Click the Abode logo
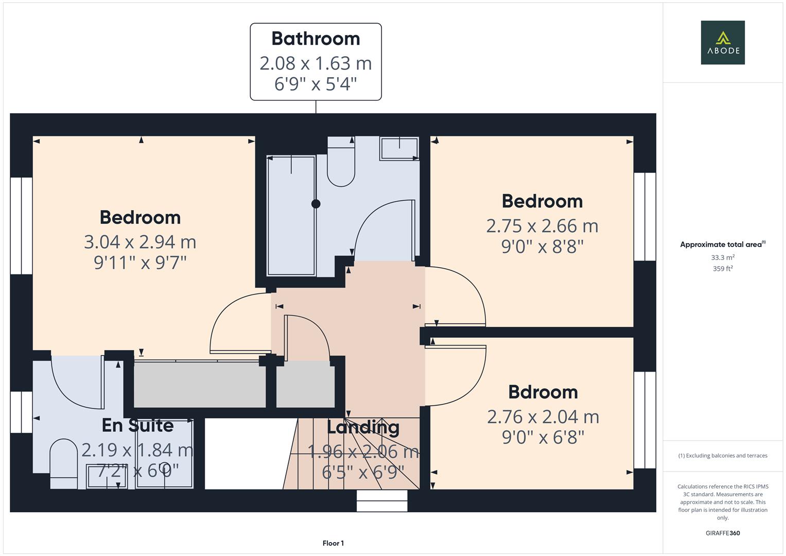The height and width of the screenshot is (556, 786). pyautogui.click(x=723, y=42)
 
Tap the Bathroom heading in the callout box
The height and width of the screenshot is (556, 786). pyautogui.click(x=316, y=39)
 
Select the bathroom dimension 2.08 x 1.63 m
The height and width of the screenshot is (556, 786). pyautogui.click(x=316, y=63)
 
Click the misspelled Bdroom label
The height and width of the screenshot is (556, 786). pyautogui.click(x=543, y=392)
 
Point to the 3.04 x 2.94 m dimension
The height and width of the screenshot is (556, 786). pyautogui.click(x=140, y=242)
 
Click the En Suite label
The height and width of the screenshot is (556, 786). pyautogui.click(x=137, y=425)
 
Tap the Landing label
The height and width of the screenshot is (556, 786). pyautogui.click(x=363, y=428)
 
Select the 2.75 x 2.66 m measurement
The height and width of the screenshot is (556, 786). pyautogui.click(x=542, y=226)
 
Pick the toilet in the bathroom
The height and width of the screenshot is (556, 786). pyautogui.click(x=341, y=162)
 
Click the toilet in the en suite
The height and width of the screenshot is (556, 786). pyautogui.click(x=63, y=463)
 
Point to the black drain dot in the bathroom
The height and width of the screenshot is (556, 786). pyautogui.click(x=316, y=203)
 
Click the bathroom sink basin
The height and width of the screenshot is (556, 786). pyautogui.click(x=399, y=149)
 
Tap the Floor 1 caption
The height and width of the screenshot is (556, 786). pyautogui.click(x=333, y=543)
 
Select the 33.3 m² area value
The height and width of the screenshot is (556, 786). pyautogui.click(x=723, y=257)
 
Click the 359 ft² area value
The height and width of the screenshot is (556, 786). pyautogui.click(x=723, y=269)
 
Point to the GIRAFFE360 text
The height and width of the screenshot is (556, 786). pyautogui.click(x=723, y=533)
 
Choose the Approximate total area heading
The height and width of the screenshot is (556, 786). pyautogui.click(x=723, y=245)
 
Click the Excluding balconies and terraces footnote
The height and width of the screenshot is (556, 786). pyautogui.click(x=723, y=456)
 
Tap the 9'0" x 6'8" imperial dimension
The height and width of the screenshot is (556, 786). pyautogui.click(x=543, y=438)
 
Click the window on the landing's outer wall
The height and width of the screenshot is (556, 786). pyautogui.click(x=382, y=500)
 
